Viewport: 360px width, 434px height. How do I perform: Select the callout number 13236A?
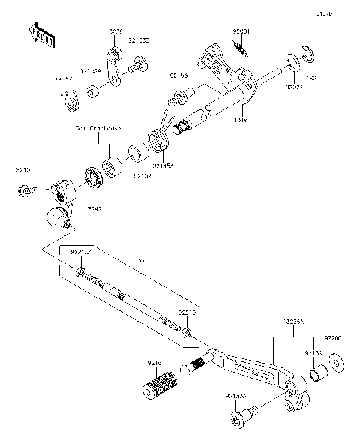pyautogui.click(x=294, y=320)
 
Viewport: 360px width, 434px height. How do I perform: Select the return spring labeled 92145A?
pyautogui.click(x=158, y=138)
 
